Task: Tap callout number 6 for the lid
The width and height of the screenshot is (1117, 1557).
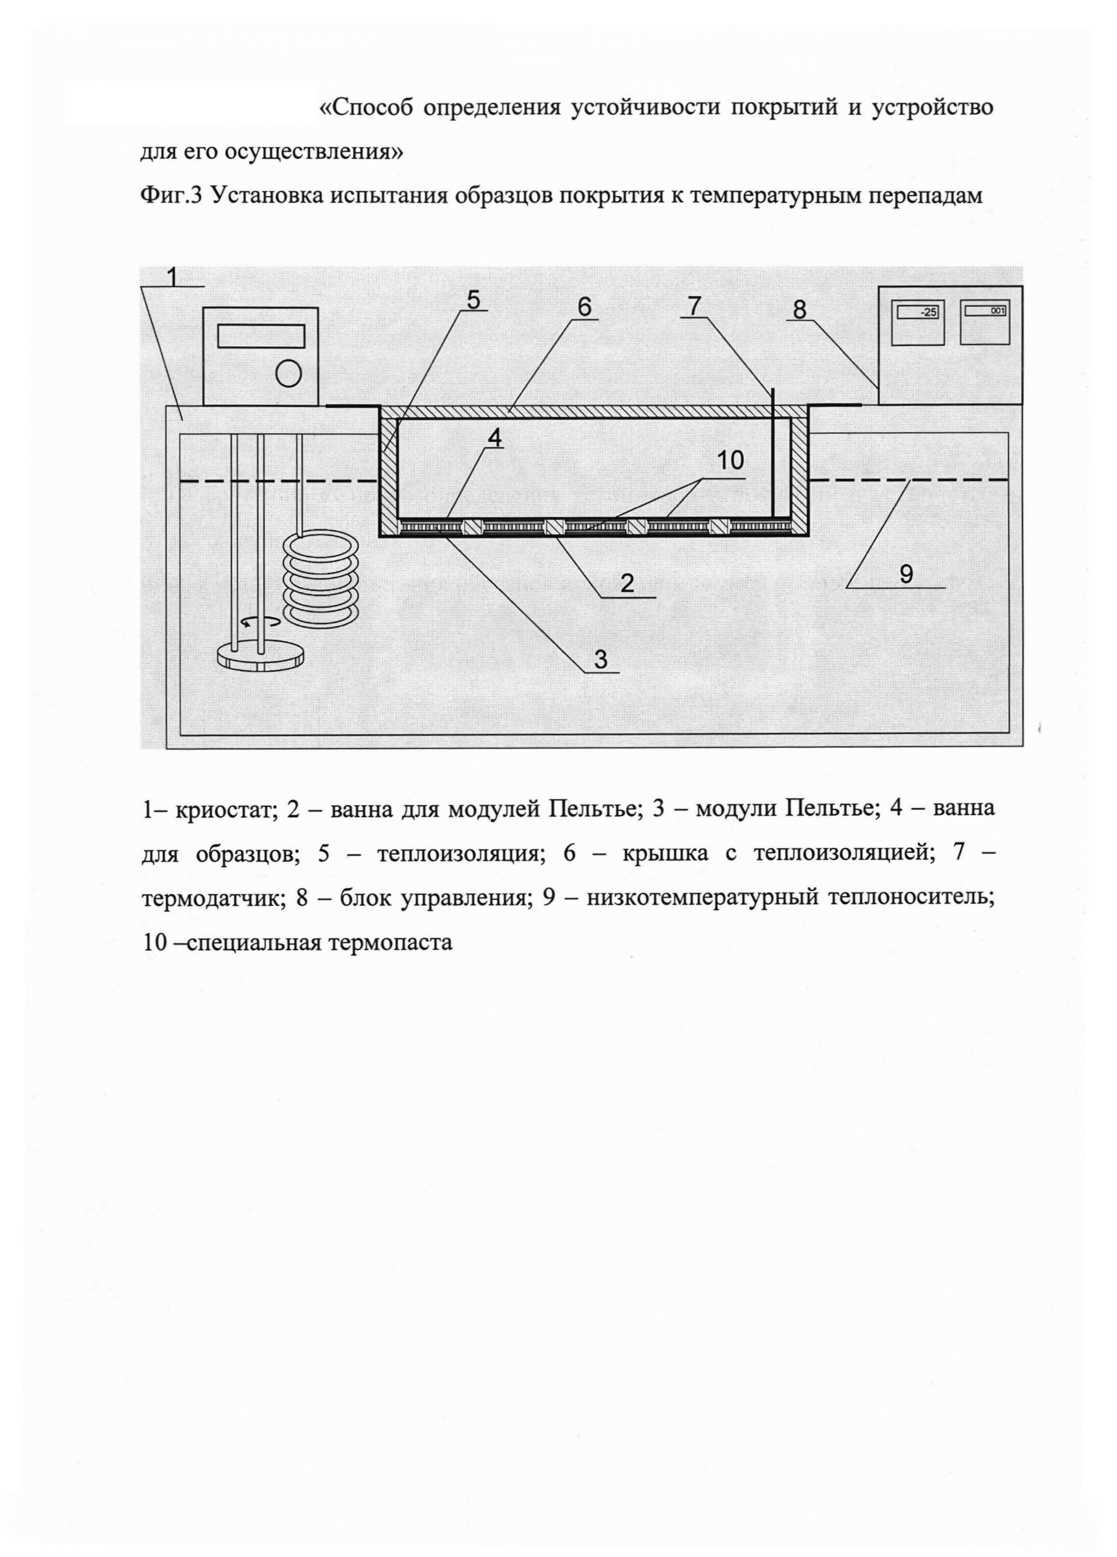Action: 584,306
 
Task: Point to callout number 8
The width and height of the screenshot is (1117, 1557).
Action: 799,309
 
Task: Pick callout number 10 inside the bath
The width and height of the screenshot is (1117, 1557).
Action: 730,460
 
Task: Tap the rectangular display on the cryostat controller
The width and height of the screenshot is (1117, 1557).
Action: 261,336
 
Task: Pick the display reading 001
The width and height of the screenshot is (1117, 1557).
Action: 985,311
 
